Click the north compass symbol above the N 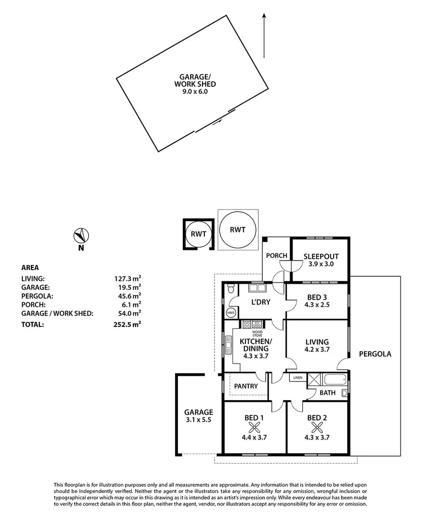[82, 235]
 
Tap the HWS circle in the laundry [230, 313]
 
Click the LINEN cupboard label [297, 378]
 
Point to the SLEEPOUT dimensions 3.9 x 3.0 [321, 264]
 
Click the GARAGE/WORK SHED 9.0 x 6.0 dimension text [195, 91]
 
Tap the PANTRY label [246, 386]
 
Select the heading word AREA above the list [30, 268]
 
